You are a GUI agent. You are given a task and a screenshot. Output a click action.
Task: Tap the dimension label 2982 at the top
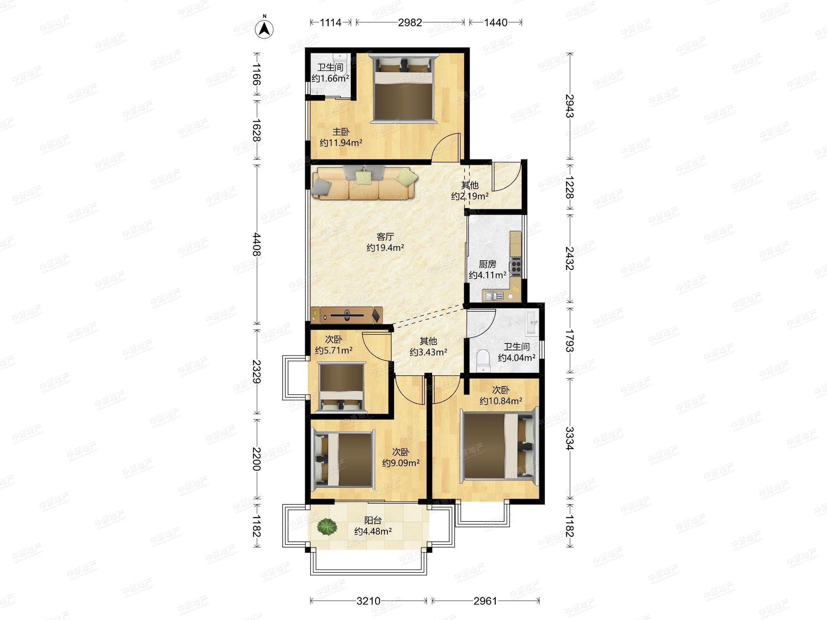(410, 23)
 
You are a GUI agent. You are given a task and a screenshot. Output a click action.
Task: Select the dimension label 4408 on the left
(256, 245)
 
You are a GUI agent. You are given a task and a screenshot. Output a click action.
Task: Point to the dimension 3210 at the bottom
(368, 601)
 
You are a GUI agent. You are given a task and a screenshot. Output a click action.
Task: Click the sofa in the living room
(365, 182)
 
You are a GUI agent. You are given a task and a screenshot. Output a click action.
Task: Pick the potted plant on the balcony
(327, 527)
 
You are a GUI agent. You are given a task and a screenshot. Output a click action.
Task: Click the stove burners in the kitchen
(516, 267)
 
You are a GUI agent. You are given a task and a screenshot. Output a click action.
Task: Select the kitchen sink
(493, 296)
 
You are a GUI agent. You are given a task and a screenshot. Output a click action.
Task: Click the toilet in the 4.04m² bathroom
(483, 361)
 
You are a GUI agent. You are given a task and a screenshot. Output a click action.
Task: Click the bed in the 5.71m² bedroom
(342, 387)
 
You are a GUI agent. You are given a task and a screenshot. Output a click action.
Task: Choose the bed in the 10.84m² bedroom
(498, 446)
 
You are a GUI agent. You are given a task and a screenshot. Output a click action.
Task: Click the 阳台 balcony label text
(373, 520)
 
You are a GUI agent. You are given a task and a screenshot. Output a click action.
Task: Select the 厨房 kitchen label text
(488, 264)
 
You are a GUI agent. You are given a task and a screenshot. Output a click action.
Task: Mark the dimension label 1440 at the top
(496, 23)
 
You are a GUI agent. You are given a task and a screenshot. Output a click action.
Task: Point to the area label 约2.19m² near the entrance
(470, 196)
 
